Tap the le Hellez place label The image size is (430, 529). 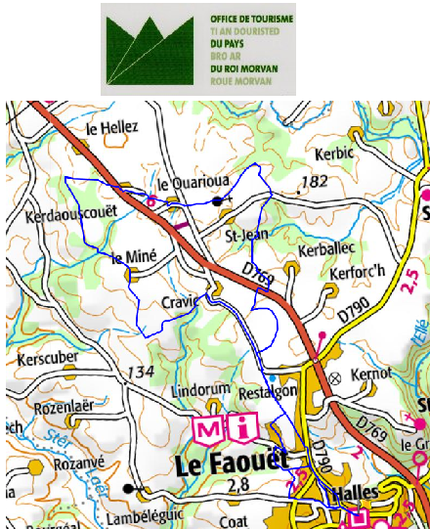click(112, 127)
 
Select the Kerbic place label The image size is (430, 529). click(332, 154)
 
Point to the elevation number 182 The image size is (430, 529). click(315, 182)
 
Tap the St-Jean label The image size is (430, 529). click(246, 235)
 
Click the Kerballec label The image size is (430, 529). click(322, 249)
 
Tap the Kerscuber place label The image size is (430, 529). click(46, 357)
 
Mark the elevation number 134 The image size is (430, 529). click(140, 372)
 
